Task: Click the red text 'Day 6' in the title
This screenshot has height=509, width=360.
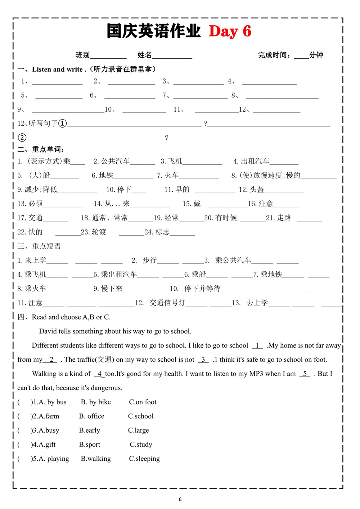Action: pyautogui.click(x=230, y=31)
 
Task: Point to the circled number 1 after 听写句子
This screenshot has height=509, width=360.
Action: pyautogui.click(x=62, y=124)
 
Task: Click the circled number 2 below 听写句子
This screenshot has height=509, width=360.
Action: pyautogui.click(x=22, y=138)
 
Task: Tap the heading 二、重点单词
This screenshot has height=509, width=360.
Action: pyautogui.click(x=41, y=149)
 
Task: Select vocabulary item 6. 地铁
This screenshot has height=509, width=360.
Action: pyautogui.click(x=103, y=175)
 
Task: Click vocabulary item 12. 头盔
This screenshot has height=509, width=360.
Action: pyautogui.click(x=251, y=189)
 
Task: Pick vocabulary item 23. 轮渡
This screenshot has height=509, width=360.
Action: pyautogui.click(x=94, y=232)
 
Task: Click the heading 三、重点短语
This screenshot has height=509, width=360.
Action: pyautogui.click(x=39, y=246)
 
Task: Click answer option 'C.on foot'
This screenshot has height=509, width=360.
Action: pyautogui.click(x=143, y=402)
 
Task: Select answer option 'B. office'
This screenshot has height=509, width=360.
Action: pyautogui.click(x=92, y=416)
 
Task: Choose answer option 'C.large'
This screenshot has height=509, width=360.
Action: pyautogui.click(x=138, y=430)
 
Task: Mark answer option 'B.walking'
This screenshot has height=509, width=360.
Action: pyautogui.click(x=96, y=459)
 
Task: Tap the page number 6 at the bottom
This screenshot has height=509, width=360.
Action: pyautogui.click(x=180, y=499)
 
